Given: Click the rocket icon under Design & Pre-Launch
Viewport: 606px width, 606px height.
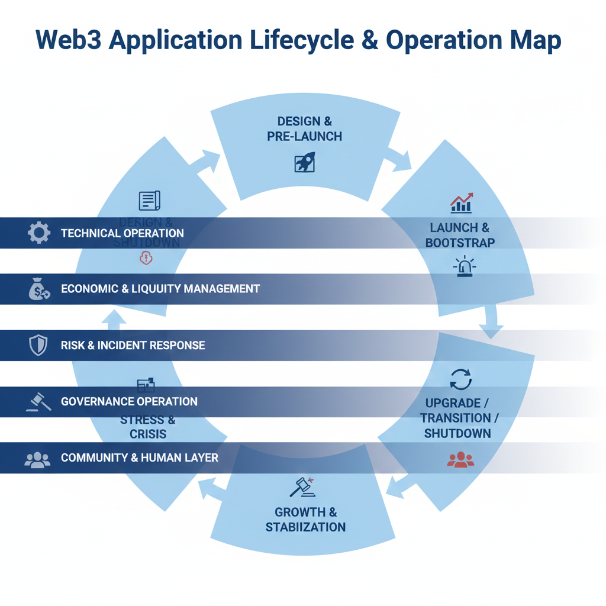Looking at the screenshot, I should tap(305, 162).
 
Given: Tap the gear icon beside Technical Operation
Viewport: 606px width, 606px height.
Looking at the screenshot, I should tap(39, 233).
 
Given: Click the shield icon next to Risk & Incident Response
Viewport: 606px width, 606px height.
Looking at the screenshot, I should tap(38, 345).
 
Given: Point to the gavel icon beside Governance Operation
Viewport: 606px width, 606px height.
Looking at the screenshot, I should tap(38, 402).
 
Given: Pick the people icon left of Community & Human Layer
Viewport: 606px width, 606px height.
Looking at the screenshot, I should tap(38, 459).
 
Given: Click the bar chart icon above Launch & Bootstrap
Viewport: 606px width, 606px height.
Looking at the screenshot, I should tap(461, 203).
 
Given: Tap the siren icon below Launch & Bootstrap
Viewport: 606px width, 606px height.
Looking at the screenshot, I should tap(464, 266).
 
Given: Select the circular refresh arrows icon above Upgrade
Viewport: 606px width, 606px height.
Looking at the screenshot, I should tap(460, 379).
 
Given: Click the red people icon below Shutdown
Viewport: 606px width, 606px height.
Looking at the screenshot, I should tap(460, 459).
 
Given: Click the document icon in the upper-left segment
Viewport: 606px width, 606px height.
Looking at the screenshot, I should tap(149, 201).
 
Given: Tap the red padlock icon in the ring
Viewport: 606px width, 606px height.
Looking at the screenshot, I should tap(146, 257).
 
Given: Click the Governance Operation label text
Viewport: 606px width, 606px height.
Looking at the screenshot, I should tap(129, 402).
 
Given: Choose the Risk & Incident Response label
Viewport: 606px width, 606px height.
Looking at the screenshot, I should tap(133, 345).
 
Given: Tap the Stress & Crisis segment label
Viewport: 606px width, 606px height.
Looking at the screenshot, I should tap(148, 427).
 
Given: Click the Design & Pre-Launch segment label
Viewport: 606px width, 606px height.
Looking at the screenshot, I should tap(305, 128).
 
